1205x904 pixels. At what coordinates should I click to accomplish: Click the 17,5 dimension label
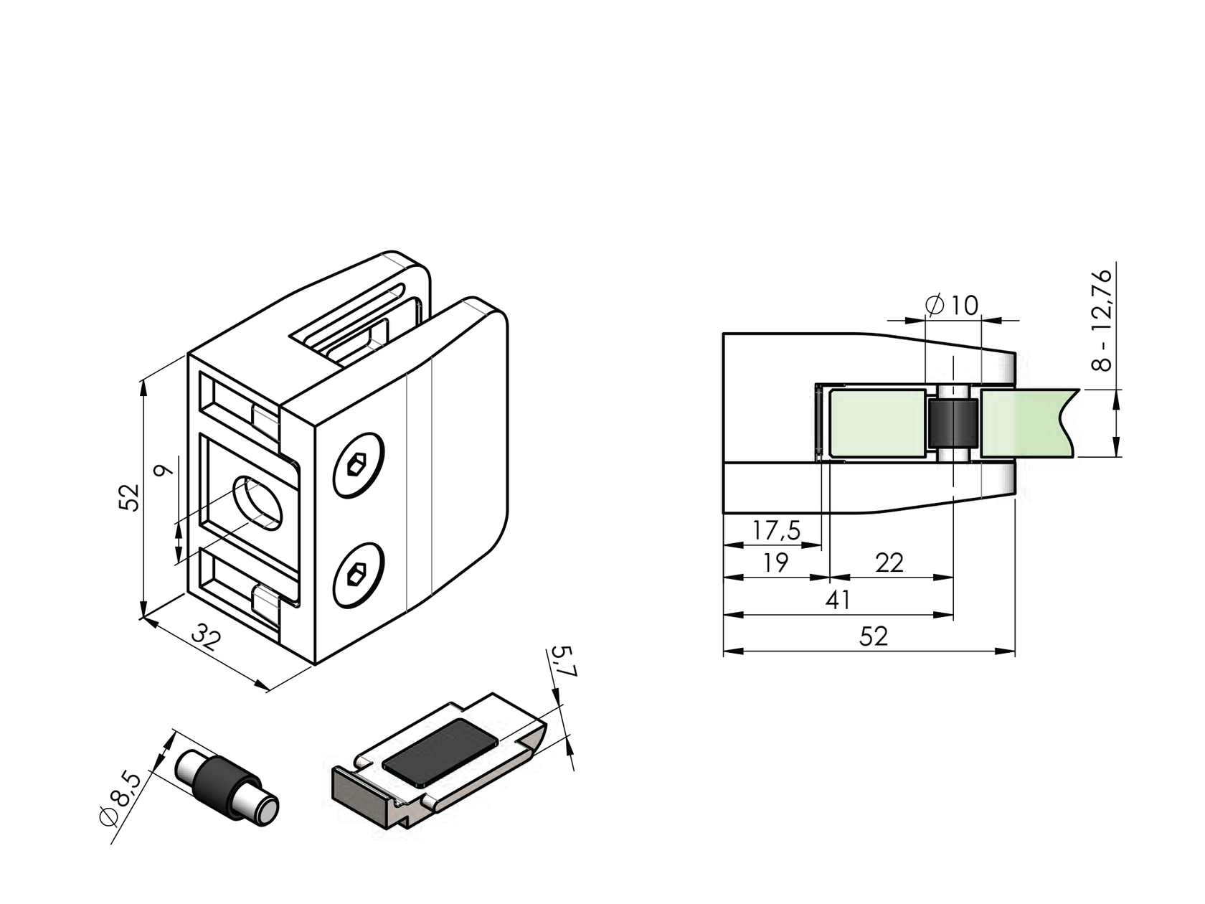(776, 531)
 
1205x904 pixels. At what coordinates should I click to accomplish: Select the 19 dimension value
(775, 563)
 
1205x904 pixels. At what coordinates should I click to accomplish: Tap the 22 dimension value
(889, 563)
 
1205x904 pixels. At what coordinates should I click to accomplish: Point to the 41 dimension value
(838, 601)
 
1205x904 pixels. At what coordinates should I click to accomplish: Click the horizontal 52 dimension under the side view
(873, 637)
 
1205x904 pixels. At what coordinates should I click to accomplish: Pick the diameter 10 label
(952, 306)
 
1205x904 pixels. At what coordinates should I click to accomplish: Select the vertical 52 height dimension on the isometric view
(128, 496)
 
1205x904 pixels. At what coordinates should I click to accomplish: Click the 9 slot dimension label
(164, 471)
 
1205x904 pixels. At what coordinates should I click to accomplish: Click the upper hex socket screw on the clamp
(359, 465)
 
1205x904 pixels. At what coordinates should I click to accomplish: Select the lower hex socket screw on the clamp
(359, 575)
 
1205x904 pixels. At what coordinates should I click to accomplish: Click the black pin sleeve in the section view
(953, 423)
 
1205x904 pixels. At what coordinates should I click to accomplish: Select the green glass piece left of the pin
(876, 423)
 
